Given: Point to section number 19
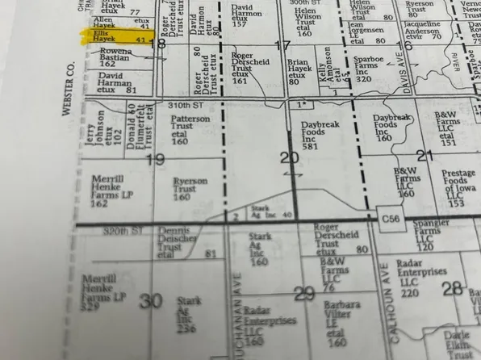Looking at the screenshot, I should [157, 159].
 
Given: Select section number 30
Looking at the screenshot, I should [150, 301].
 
